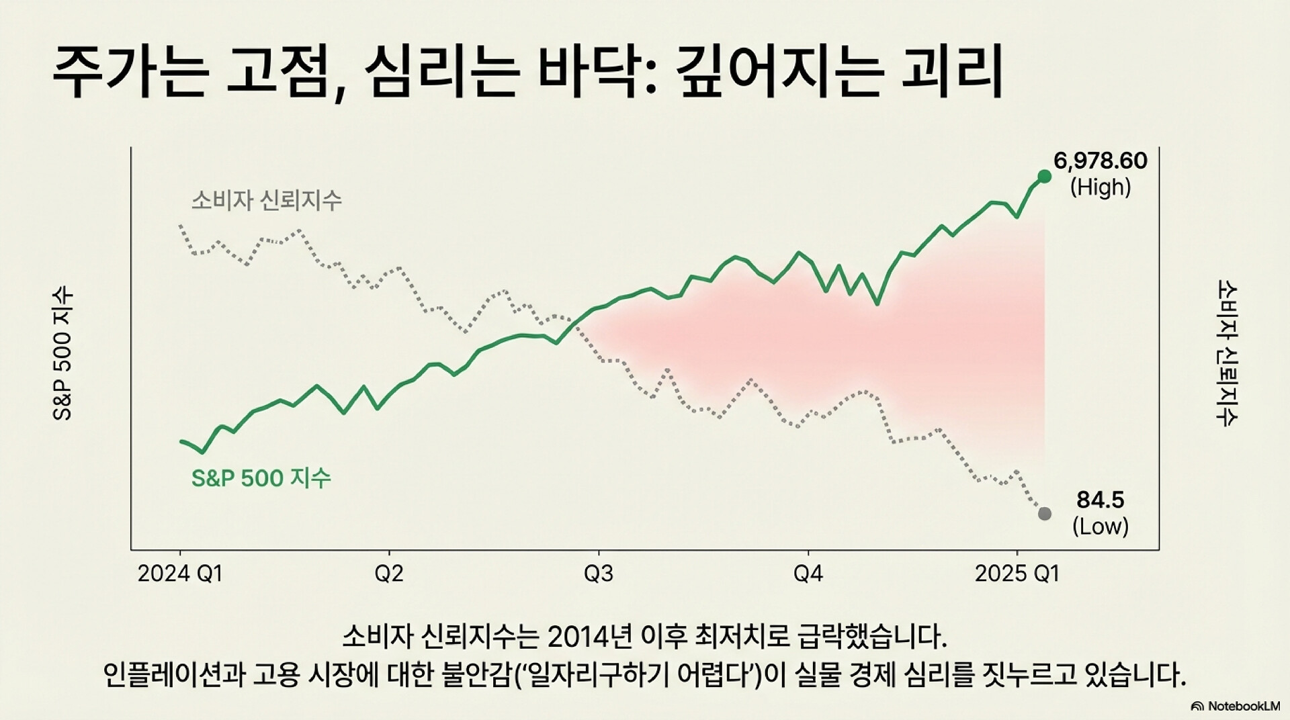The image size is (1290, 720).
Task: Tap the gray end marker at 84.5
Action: point(1044,514)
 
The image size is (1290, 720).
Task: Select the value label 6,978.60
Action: point(1100,161)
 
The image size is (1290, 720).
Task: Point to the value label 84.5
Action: point(1100,500)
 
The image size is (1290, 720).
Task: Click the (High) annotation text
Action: point(1100,187)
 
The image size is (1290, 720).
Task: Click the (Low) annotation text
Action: point(1100,526)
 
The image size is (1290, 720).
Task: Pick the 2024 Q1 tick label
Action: point(180,574)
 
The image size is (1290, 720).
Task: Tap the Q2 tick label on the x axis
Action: point(389,574)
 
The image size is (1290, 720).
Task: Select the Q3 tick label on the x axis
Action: point(598,574)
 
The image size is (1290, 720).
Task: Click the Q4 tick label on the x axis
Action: point(808,574)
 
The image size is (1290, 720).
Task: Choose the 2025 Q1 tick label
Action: point(1017,574)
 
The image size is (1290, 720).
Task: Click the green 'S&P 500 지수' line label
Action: point(261,478)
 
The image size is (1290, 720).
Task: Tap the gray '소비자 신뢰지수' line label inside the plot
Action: point(266,200)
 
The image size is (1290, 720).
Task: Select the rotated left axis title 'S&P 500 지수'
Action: point(62,354)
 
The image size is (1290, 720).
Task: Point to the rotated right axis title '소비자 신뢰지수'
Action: point(1228,354)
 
